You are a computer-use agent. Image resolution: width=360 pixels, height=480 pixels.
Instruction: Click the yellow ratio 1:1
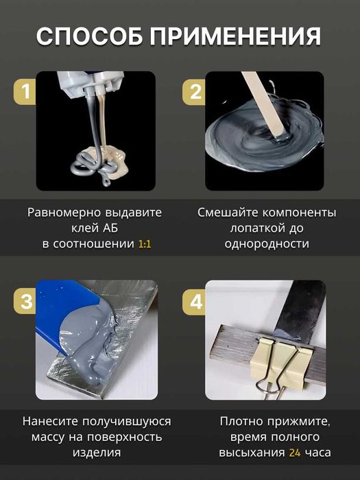145,243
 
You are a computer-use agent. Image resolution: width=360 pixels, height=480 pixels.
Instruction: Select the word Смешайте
226,213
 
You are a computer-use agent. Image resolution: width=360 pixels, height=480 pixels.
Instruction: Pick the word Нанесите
52,421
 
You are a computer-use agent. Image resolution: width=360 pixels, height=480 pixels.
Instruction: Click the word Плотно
239,421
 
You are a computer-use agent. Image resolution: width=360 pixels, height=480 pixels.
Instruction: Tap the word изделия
95,453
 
